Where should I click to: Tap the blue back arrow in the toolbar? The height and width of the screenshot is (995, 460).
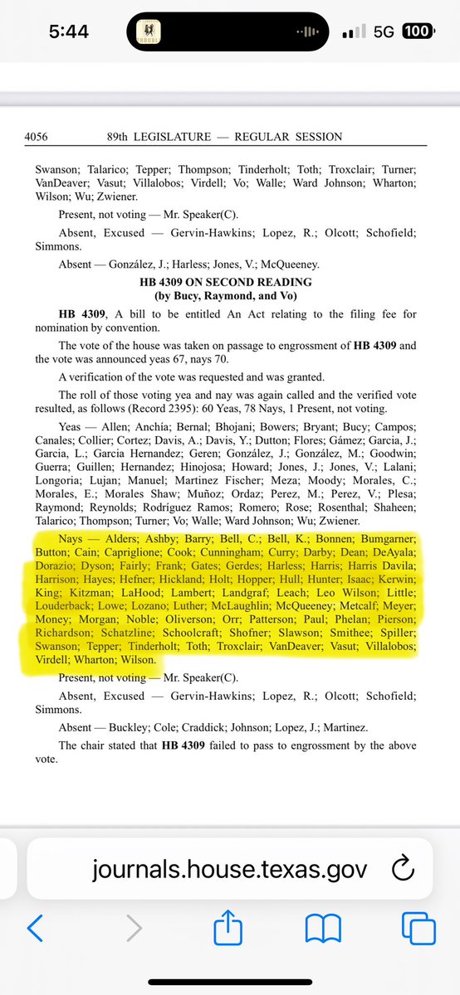click(35, 929)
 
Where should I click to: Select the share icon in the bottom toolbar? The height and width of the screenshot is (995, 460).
click(224, 929)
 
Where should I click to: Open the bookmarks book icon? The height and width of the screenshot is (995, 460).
click(319, 929)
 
